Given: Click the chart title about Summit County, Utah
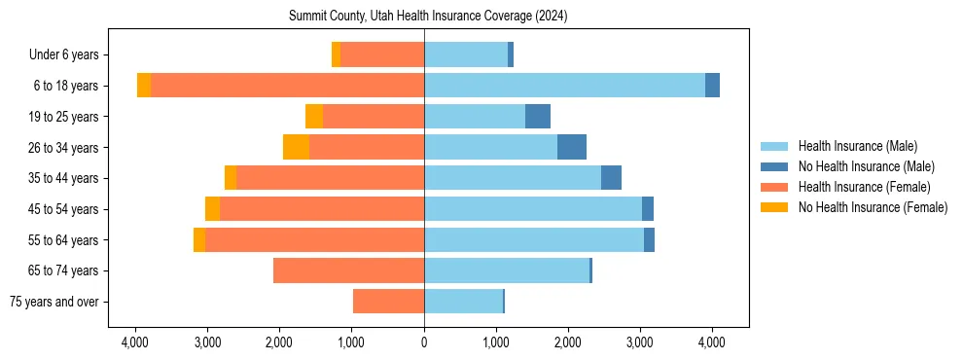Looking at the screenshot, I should [428, 17].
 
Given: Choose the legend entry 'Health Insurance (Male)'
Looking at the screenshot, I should [857, 146].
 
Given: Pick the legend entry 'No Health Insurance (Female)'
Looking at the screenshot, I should [873, 207].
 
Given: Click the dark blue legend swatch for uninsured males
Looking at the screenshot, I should [775, 166].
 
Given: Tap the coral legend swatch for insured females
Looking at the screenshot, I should [775, 187].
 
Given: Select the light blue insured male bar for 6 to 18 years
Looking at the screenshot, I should [564, 86].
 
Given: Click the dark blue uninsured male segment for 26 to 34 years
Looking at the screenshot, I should [572, 147].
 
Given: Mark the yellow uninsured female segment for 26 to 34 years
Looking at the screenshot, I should [296, 147].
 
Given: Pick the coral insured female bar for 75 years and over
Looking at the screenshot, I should [388, 302].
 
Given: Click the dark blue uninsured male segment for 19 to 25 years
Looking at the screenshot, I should [538, 117].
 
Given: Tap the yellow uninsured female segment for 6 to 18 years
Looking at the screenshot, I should [144, 86].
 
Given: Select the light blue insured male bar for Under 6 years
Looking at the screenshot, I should [466, 55].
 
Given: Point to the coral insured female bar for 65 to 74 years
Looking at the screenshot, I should [348, 270].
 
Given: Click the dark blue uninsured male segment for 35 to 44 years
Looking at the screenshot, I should [611, 178].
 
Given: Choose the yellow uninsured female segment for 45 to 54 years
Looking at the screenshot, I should [212, 209].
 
